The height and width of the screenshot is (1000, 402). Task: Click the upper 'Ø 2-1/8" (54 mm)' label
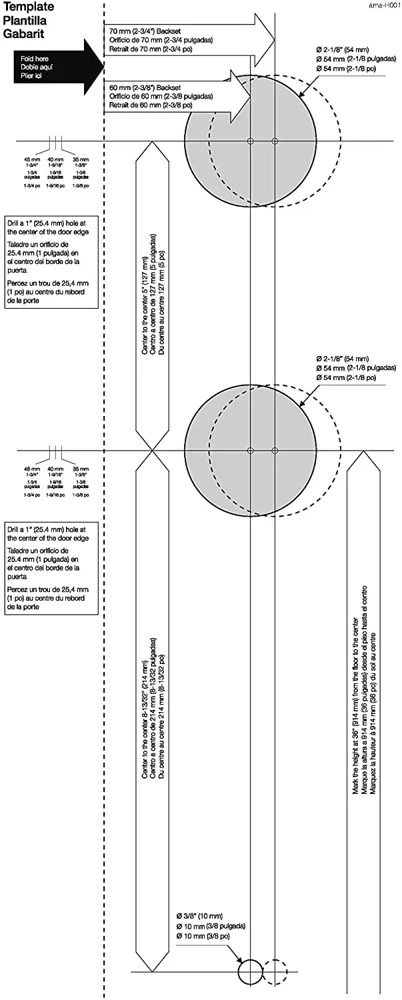[343, 50]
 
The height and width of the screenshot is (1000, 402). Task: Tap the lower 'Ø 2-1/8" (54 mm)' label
[343, 359]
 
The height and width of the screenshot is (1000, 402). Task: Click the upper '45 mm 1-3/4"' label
[32, 162]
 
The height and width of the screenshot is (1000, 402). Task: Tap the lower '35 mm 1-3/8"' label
[80, 471]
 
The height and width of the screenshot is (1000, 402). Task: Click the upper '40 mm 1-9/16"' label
[57, 162]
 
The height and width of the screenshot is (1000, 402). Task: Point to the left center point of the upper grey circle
[251, 141]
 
